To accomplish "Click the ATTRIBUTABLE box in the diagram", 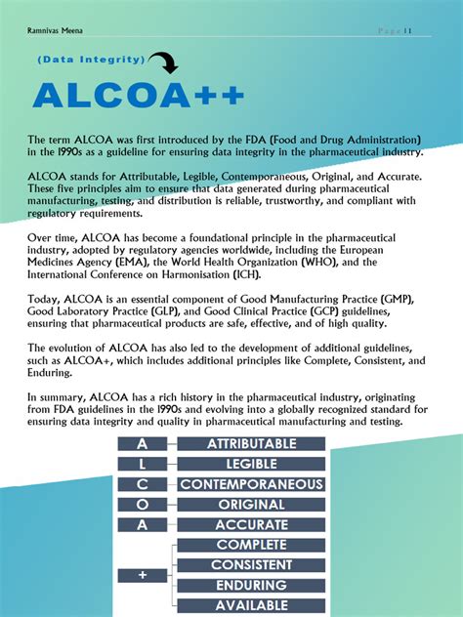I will tap(251, 444).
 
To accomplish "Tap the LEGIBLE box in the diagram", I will tap(251, 464).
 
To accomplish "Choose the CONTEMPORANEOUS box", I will tap(251, 484).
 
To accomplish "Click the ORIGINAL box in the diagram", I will tap(251, 505).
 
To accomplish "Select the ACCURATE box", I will tap(251, 525).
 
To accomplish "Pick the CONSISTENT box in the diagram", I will tap(251, 565).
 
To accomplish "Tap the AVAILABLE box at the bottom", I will tap(251, 605).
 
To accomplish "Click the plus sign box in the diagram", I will tap(143, 575).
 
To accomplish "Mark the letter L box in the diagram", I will tap(143, 464).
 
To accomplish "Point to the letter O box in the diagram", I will tap(143, 505).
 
